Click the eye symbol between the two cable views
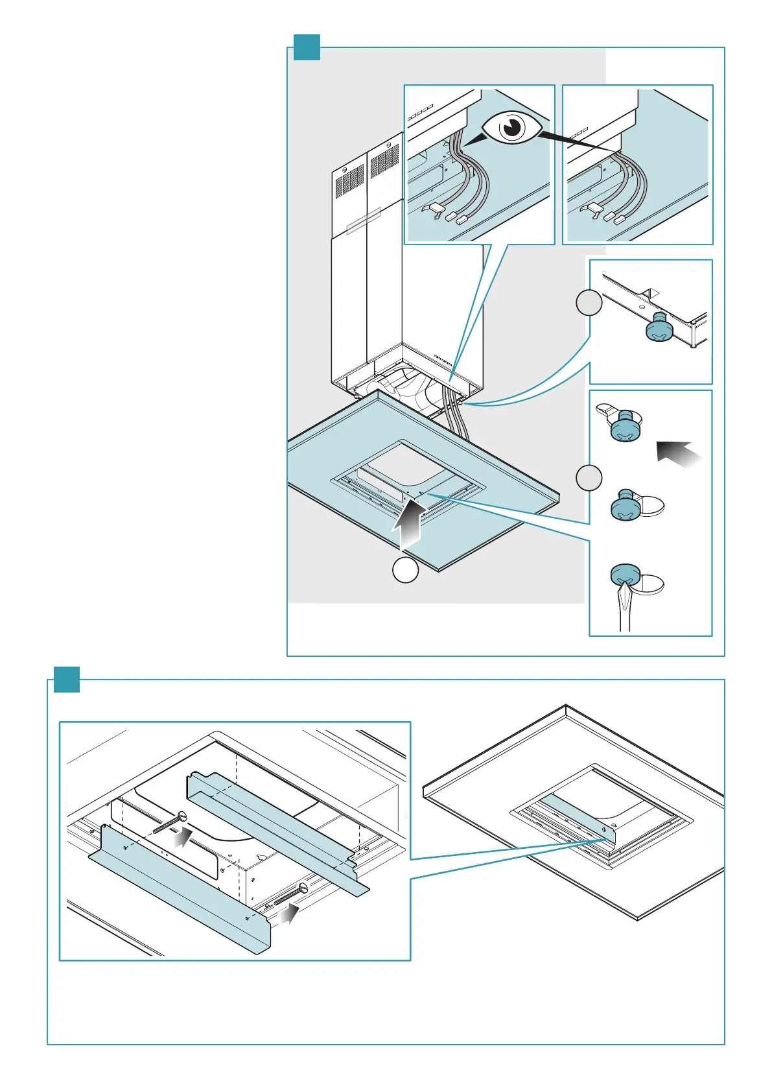pos(512,128)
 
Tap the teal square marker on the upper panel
pos(307,47)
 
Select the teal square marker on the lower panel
pos(66,680)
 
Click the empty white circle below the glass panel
pos(405,569)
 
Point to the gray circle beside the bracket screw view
pos(589,303)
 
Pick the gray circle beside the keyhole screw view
pos(589,478)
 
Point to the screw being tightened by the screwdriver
pos(626,575)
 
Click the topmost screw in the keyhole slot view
pos(626,425)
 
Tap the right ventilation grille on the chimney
pos(384,163)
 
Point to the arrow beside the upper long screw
pos(184,836)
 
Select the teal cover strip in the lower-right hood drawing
pos(577,820)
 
